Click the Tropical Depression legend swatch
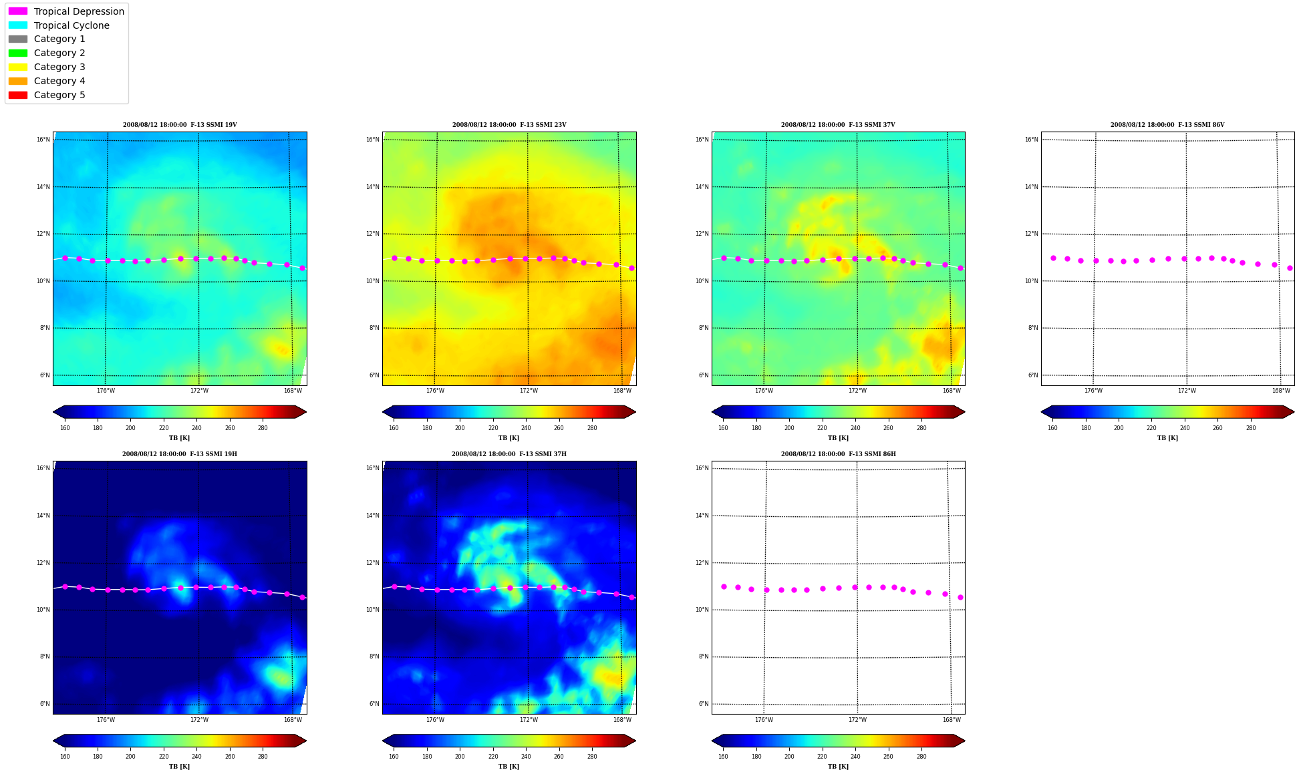point(18,11)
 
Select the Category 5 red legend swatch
point(18,95)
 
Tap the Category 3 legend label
point(59,67)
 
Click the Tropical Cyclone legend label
point(71,25)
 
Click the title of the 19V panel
point(180,125)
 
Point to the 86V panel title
point(1167,125)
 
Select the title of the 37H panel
point(509,454)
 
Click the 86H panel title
point(839,454)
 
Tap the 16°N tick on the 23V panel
point(373,140)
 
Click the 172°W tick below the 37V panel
point(858,391)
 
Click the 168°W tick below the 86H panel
point(952,720)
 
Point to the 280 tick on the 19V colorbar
point(263,428)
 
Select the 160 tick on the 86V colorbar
point(1052,428)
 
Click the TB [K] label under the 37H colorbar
point(509,767)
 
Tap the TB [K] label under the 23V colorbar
point(509,438)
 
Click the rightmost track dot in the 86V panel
point(1290,268)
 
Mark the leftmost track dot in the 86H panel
point(724,586)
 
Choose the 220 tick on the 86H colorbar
point(822,757)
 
